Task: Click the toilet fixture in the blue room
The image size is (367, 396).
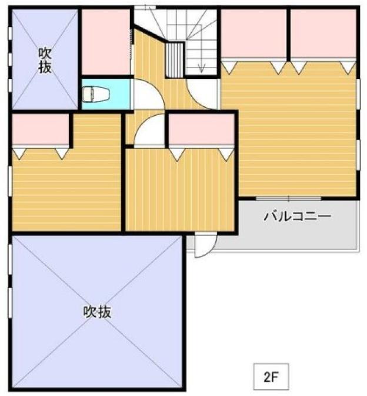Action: [96, 94]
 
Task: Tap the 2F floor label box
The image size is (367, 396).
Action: [271, 376]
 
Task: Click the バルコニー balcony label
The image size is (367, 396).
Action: [298, 216]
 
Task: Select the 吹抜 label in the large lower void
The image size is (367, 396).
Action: [97, 312]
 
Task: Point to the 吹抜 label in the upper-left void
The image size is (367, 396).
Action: [45, 60]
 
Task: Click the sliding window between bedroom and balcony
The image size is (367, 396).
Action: [289, 198]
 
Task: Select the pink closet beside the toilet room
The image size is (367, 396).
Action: [106, 42]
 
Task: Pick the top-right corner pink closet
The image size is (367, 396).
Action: [323, 33]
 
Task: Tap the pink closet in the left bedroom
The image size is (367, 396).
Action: [41, 129]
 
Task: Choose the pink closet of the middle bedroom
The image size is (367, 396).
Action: [202, 129]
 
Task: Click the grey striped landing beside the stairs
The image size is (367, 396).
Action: [175, 60]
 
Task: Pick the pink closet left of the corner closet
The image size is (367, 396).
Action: [254, 33]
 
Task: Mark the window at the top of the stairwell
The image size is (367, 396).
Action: [145, 8]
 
